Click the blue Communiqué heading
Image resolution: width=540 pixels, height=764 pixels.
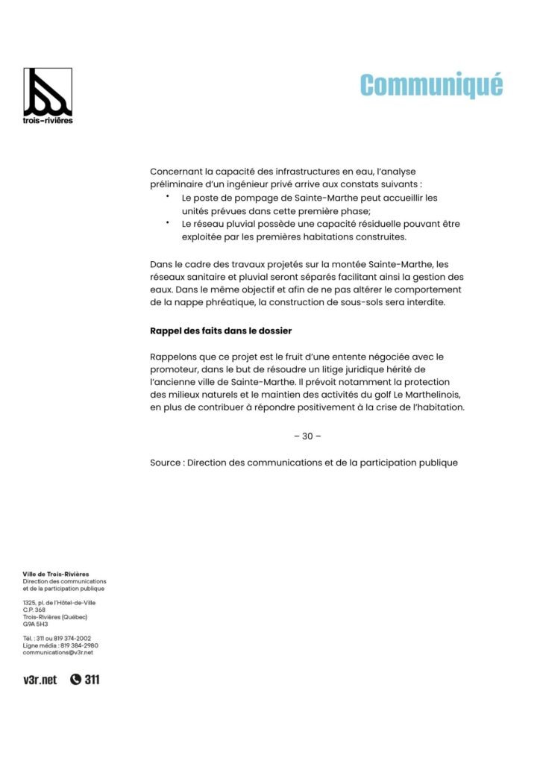[431, 85]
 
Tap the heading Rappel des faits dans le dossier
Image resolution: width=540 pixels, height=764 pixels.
[221, 329]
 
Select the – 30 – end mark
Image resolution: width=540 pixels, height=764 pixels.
[307, 436]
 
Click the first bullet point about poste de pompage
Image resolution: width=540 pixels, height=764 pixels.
[168, 196]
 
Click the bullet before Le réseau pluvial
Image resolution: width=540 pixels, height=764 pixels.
[168, 222]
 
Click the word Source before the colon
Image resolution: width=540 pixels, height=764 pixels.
[166, 463]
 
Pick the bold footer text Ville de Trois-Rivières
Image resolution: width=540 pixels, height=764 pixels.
[56, 574]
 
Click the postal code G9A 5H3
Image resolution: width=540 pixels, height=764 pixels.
[35, 624]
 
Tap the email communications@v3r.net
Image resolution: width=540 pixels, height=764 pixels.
[58, 652]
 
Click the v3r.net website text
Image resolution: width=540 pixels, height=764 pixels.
[40, 680]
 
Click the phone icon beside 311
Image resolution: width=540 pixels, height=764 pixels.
[75, 680]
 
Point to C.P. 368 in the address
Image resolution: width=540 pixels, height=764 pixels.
[34, 610]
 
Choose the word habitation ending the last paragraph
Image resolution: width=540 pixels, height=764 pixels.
[434, 407]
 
